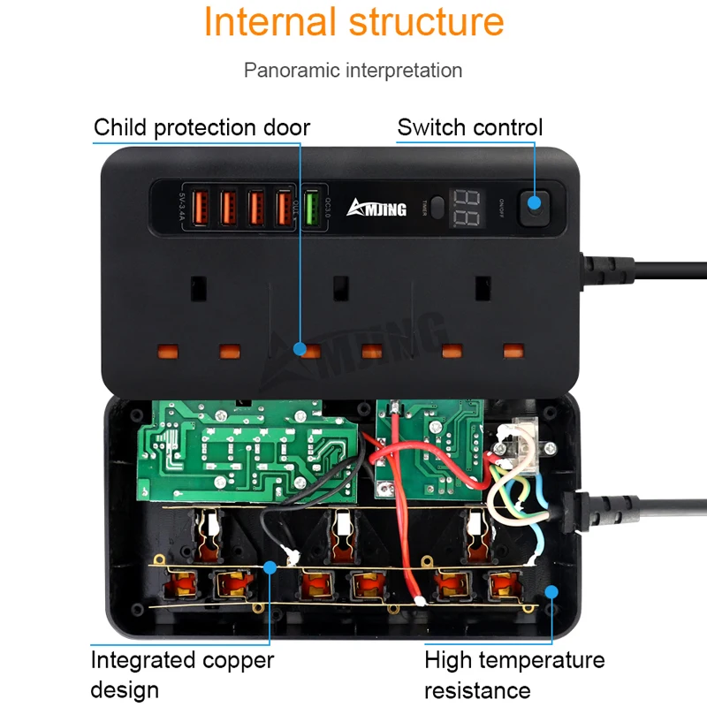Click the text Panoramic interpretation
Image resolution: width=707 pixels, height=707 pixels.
[353, 70]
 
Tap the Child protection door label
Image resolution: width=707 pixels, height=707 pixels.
[201, 127]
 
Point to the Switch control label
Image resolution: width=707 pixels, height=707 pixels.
[469, 127]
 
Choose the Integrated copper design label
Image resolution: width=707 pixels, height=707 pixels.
[182, 674]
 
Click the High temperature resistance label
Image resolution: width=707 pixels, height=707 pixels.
[514, 674]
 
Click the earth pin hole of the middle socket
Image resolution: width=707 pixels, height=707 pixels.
[338, 287]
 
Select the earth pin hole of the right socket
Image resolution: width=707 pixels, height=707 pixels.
[482, 287]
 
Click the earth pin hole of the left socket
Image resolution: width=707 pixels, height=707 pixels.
[197, 287]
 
